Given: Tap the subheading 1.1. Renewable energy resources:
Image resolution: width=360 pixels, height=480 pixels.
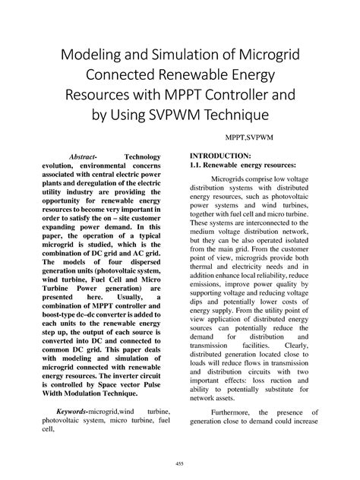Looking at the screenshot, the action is click(x=243, y=166).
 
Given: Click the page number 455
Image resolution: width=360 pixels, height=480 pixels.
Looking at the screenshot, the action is click(x=180, y=463).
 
